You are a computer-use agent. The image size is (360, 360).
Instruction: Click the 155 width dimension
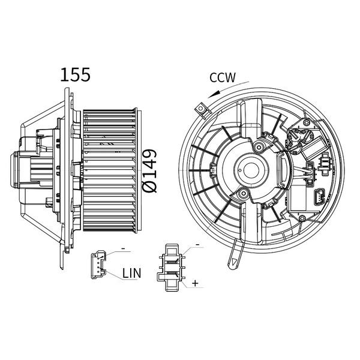click(75, 74)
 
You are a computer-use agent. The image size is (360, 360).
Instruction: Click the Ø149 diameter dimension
click(151, 171)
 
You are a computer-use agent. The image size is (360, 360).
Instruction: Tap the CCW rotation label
click(223, 77)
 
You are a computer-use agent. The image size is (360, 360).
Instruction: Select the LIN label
click(131, 273)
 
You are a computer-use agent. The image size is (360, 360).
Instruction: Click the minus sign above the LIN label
click(122, 248)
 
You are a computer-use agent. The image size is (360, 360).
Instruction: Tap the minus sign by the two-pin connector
click(196, 247)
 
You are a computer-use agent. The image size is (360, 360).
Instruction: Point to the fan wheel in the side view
click(110, 171)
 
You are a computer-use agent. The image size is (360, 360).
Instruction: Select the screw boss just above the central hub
click(259, 146)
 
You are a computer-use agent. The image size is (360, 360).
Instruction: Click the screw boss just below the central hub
click(243, 194)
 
